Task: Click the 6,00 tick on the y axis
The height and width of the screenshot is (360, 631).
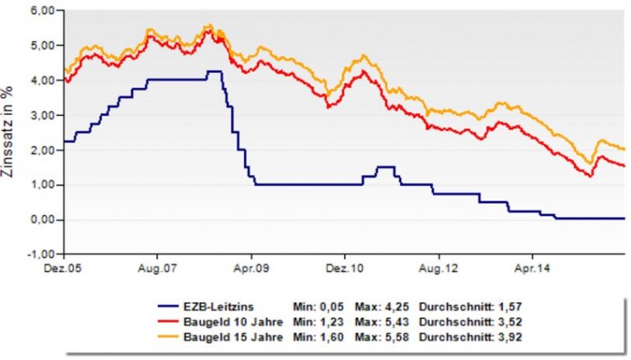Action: click(x=42, y=10)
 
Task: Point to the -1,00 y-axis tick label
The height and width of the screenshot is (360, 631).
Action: click(x=40, y=255)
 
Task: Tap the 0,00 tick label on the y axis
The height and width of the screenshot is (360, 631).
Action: click(x=42, y=219)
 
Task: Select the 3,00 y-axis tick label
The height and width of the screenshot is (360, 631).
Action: click(x=42, y=115)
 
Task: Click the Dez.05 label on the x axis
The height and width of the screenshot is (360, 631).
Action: click(x=64, y=268)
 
